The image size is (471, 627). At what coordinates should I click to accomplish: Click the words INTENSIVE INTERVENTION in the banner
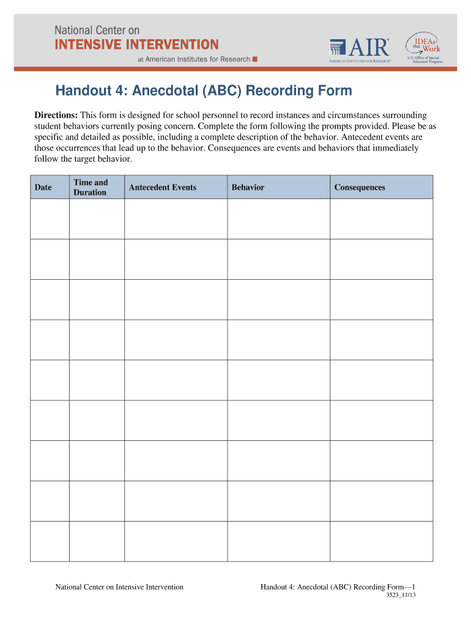[x=136, y=44]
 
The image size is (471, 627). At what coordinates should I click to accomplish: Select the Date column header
[x=43, y=187]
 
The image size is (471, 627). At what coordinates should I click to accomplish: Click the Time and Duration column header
[x=91, y=187]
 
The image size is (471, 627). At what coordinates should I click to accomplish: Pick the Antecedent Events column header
[x=163, y=187]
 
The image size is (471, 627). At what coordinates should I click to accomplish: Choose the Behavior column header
[x=248, y=187]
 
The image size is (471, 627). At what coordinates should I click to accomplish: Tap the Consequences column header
[x=360, y=187]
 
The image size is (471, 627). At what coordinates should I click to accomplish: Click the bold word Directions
[x=55, y=116]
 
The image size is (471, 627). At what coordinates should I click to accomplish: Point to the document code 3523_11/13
[x=401, y=596]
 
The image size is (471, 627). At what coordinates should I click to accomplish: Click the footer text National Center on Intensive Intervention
[x=119, y=587]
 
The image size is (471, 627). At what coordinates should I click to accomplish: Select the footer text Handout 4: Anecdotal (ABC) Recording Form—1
[x=338, y=587]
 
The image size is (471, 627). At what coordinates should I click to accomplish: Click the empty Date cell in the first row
[x=50, y=219]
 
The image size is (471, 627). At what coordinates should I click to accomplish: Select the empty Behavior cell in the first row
[x=278, y=219]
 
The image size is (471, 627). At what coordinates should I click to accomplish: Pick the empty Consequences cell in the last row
[x=381, y=541]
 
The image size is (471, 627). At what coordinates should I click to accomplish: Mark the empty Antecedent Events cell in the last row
[x=176, y=541]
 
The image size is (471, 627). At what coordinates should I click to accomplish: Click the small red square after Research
[x=255, y=59]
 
